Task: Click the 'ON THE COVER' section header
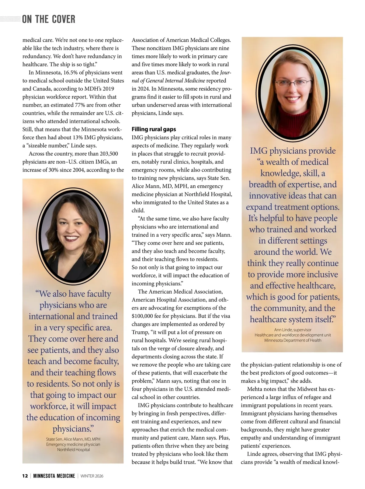coord(49,19)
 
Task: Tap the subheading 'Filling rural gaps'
coord(154,129)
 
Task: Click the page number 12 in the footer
coord(25,476)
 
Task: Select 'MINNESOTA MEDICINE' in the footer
coord(54,476)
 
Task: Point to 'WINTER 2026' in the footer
coord(92,476)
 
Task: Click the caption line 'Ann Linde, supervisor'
coord(293,330)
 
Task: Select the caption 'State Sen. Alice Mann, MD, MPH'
coord(73,439)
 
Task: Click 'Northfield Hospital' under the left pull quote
coord(73,449)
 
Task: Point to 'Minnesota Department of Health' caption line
coord(293,340)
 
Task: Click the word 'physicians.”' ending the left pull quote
coord(73,429)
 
